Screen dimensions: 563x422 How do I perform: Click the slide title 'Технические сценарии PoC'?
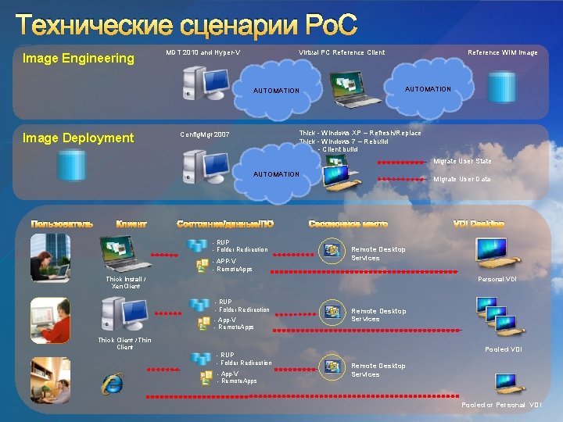186,25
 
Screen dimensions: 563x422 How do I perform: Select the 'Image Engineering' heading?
78,58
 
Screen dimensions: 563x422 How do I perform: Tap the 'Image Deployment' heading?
78,138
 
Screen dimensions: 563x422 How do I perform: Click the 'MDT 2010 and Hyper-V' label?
203,53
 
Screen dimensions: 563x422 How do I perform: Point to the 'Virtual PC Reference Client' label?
342,53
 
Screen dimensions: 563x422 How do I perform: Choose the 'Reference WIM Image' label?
502,53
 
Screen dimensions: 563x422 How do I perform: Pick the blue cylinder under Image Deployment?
71,164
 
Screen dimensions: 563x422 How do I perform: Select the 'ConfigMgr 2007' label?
205,134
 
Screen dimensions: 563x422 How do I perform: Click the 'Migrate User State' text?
462,162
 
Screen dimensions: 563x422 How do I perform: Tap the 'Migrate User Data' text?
462,180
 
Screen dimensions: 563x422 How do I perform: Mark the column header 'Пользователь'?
62,224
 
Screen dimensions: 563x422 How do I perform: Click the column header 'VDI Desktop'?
479,224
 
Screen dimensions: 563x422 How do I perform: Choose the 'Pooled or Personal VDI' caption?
501,405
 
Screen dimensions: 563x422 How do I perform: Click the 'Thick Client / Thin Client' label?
124,344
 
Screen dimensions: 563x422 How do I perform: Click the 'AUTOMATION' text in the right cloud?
428,89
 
